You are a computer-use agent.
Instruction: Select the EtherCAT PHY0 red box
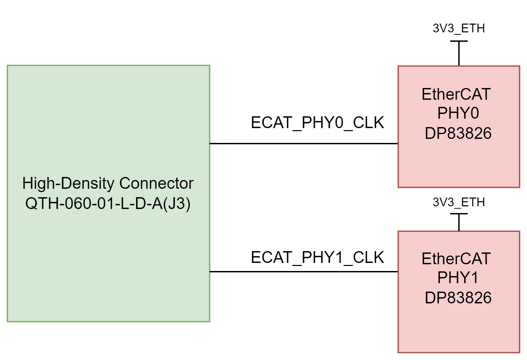click(459, 162)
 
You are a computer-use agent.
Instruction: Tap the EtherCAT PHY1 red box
click(459, 327)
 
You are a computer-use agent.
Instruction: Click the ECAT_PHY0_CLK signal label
click(317, 123)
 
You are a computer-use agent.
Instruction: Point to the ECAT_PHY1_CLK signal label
click(317, 258)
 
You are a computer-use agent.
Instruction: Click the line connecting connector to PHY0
click(303, 144)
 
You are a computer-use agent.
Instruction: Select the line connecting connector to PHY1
click(303, 272)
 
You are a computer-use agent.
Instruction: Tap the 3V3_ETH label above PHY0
click(459, 29)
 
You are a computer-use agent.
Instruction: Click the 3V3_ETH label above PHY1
click(459, 202)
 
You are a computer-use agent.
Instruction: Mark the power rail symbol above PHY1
click(459, 221)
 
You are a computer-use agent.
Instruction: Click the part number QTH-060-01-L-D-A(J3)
click(108, 204)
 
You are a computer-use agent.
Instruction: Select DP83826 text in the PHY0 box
click(458, 133)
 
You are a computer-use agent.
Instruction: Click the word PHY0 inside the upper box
click(458, 114)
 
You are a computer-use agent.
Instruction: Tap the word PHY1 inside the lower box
click(458, 278)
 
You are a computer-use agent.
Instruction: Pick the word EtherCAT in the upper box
click(456, 94)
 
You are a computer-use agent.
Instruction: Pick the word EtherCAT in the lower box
click(456, 259)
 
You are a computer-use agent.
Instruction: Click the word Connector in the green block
click(156, 184)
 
